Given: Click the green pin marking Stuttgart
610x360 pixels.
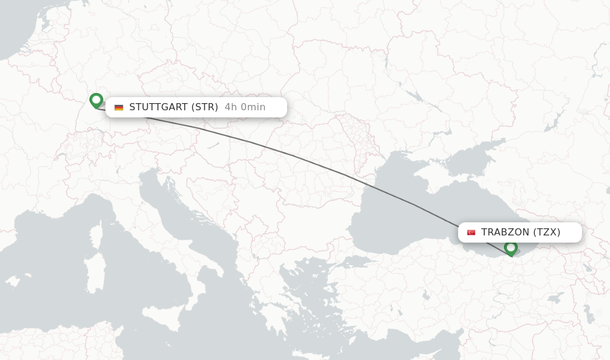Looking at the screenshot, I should point(96,100).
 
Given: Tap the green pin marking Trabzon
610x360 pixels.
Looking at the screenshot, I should point(511,247).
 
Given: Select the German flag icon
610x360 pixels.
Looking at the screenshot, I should point(119,107).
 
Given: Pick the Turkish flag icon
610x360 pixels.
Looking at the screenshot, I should point(471,232).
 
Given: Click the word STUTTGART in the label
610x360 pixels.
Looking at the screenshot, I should point(157,107).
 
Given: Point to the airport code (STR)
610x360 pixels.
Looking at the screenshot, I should point(204,107).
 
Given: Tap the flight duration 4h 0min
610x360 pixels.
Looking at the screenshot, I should point(245,107).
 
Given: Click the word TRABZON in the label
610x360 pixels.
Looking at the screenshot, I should point(505,232).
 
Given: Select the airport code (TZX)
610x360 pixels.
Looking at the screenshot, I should point(547,232).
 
